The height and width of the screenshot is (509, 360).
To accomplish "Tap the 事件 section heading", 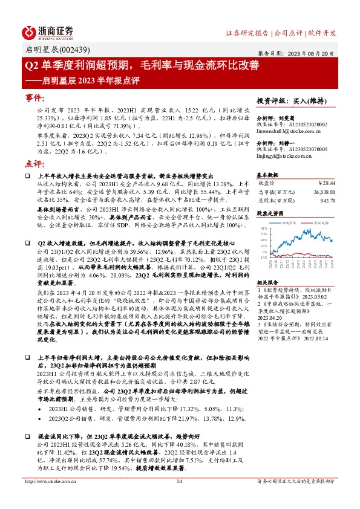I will [38, 97].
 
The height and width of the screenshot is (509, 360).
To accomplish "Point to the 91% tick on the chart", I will [263, 229].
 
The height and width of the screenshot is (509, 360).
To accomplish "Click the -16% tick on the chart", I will [263, 257].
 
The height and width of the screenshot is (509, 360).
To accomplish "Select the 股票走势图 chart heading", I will [270, 213].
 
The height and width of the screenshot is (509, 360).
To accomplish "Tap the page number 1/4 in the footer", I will [179, 498].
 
